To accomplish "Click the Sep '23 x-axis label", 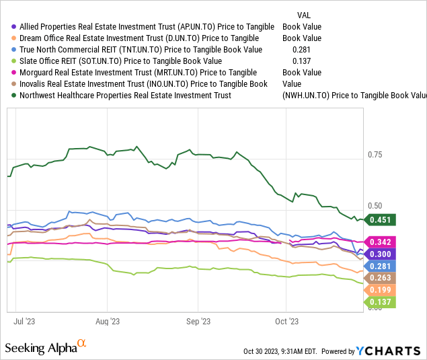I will pos(198,322).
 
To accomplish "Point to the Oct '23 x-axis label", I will pos(287,322).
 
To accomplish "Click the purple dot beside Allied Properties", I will pos(14,27).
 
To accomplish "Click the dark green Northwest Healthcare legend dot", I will pos(14,96).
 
